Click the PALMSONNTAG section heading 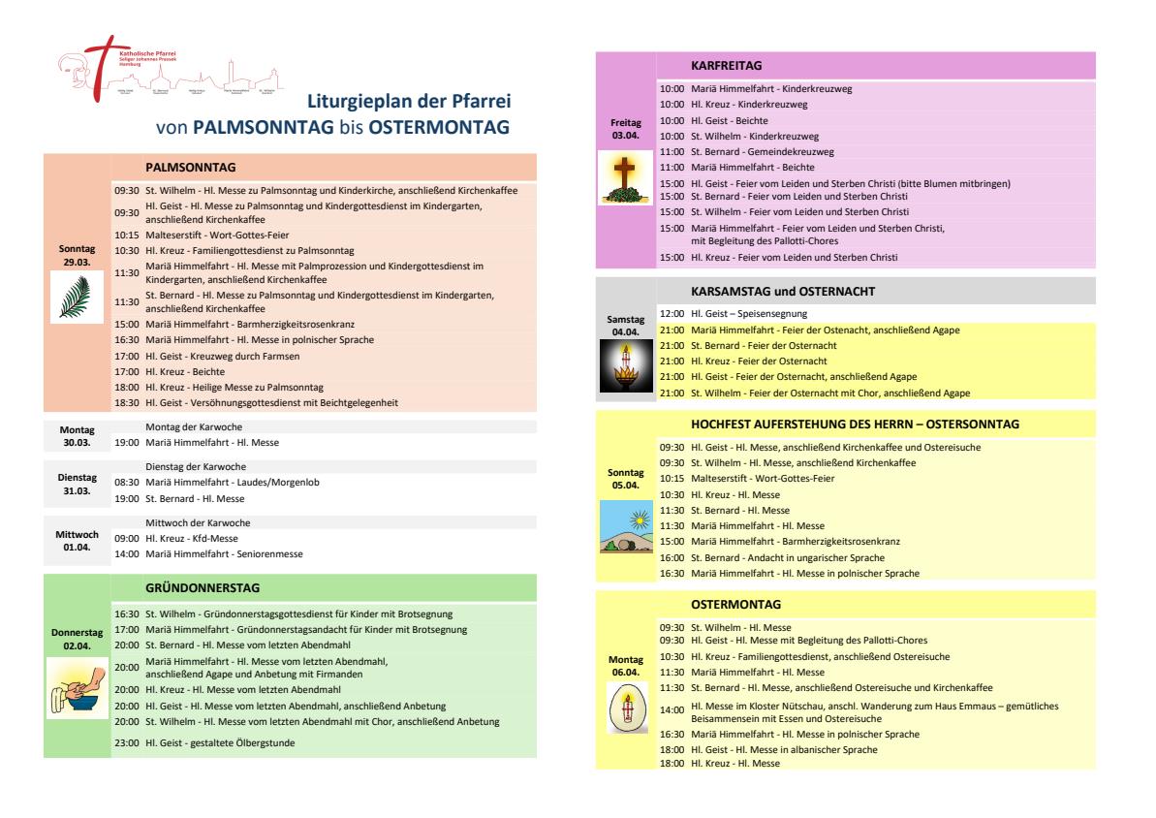[191, 167]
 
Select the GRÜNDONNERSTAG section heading [202, 587]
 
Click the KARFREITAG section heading [727, 66]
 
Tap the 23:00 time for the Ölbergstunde [127, 743]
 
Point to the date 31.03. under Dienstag [76, 489]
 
